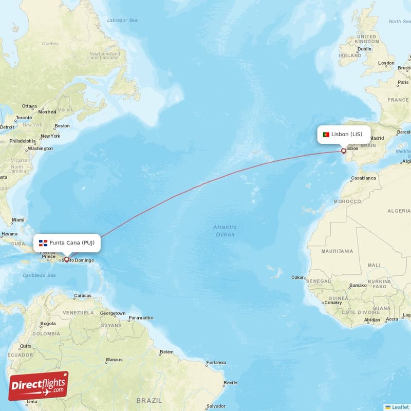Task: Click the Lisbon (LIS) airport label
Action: click(344, 135)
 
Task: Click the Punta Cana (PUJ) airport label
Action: click(67, 242)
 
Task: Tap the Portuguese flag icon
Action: click(326, 135)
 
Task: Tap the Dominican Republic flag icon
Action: click(43, 242)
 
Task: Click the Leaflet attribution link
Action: click(400, 407)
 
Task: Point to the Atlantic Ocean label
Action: click(225, 231)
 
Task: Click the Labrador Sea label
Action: click(122, 20)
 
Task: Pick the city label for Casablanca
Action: click(363, 178)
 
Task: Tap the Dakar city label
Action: click(297, 277)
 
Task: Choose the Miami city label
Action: click(18, 220)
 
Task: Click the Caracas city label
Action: click(82, 295)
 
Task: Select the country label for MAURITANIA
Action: click(337, 251)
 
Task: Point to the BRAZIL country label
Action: click(149, 400)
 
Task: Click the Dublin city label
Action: click(364, 49)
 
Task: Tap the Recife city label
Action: click(230, 382)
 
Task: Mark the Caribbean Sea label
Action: click(39, 275)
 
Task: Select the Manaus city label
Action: click(114, 360)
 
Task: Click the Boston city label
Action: click(62, 125)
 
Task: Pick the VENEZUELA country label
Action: click(78, 313)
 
